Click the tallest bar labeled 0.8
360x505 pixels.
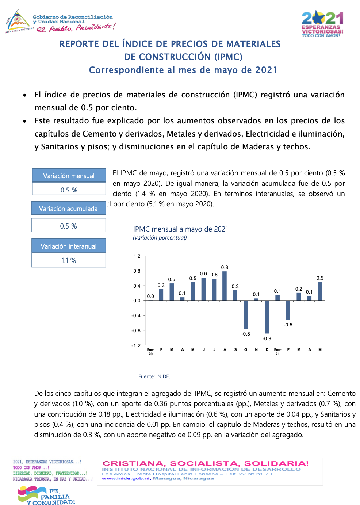coord(225,286)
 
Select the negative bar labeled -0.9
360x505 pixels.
coord(267,317)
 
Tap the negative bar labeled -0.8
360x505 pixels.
coord(246,314)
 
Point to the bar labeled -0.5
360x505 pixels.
coord(288,310)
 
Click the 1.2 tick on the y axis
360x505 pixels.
coord(137,256)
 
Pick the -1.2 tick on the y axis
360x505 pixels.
coord(136,345)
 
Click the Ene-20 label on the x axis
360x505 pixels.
coord(150,352)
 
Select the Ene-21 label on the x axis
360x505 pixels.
coord(277,352)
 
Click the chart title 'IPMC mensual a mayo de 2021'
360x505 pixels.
coord(181,229)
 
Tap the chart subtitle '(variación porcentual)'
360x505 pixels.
coord(160,238)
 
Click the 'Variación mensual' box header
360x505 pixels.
coord(69,176)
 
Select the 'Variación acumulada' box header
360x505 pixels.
coord(68,208)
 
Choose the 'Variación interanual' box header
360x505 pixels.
coord(69,246)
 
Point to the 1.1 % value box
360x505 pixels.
coord(69,260)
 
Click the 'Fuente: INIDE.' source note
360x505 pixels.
coord(154,376)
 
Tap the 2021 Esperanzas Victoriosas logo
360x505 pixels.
coord(322,24)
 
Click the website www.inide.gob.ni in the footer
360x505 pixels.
coord(126,478)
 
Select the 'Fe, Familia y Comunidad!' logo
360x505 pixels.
coord(47,496)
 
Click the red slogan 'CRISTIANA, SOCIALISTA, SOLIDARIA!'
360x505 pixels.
coord(206,464)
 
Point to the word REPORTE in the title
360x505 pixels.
coord(79,44)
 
